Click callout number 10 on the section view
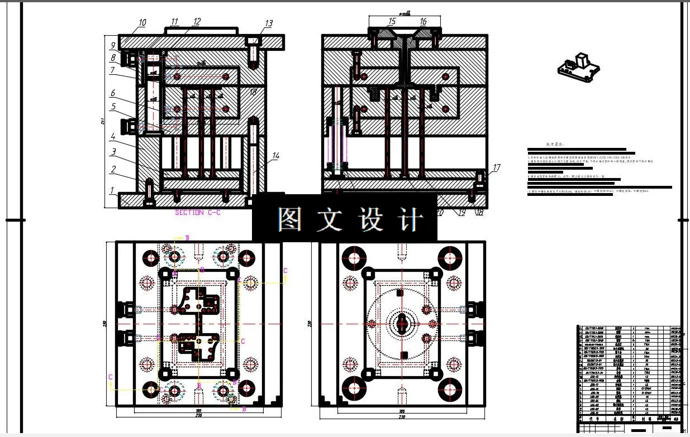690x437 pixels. pos(142,23)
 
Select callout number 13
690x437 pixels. pos(268,23)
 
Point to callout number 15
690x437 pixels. pos(392,22)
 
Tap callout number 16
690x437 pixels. pos(423,22)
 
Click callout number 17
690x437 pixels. pos(497,166)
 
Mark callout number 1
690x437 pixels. pos(112,190)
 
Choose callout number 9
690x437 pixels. pos(112,46)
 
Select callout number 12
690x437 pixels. pos(196,22)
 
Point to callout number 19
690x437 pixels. pos(461,212)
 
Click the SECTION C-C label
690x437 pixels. pos(198,213)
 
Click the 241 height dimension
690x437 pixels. pos(103,122)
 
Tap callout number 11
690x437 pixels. pos(175,22)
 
